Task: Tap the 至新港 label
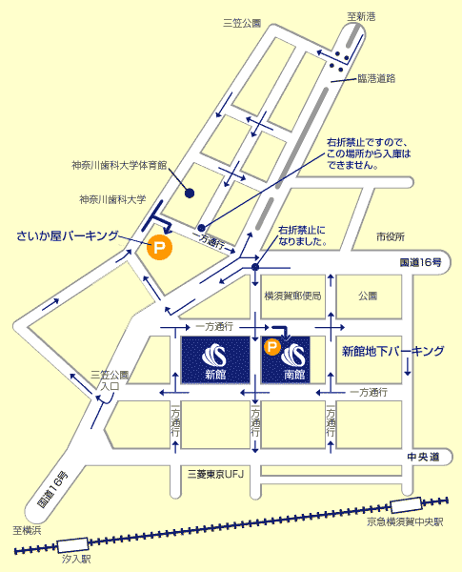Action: coord(361,15)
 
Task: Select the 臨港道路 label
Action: coord(376,77)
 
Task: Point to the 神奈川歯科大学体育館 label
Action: coord(119,165)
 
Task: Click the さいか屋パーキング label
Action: coord(68,235)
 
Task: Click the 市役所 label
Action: coord(391,235)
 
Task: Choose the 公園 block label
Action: coord(368,296)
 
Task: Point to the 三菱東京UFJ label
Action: coord(217,474)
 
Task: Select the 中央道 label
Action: coord(424,458)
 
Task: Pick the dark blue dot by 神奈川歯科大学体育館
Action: coord(189,194)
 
